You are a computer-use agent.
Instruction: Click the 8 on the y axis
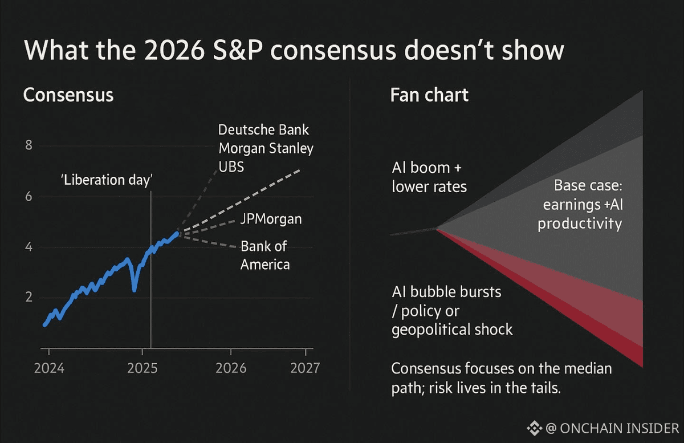click(x=29, y=146)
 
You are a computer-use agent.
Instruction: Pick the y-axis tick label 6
click(x=29, y=197)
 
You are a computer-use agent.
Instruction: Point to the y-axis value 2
click(x=29, y=298)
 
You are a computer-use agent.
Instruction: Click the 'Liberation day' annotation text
click(x=107, y=180)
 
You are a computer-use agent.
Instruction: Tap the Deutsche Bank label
click(x=264, y=130)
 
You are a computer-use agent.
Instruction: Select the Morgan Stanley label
click(x=266, y=148)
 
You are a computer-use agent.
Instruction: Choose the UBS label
click(x=231, y=166)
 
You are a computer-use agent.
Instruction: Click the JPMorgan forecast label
click(x=271, y=219)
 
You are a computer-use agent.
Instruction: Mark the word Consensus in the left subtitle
click(x=68, y=95)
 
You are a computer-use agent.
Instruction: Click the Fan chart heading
click(x=429, y=95)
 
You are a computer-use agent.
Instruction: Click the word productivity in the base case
click(x=580, y=223)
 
